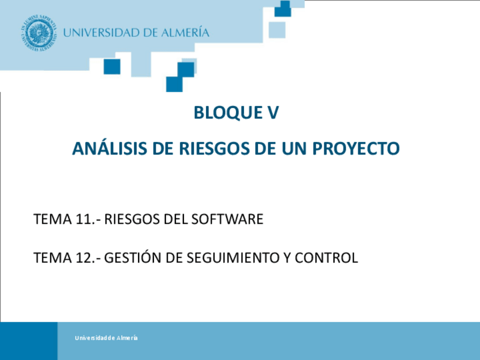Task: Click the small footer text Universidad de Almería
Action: tap(106, 338)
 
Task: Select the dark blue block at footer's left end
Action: tap(28, 341)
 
